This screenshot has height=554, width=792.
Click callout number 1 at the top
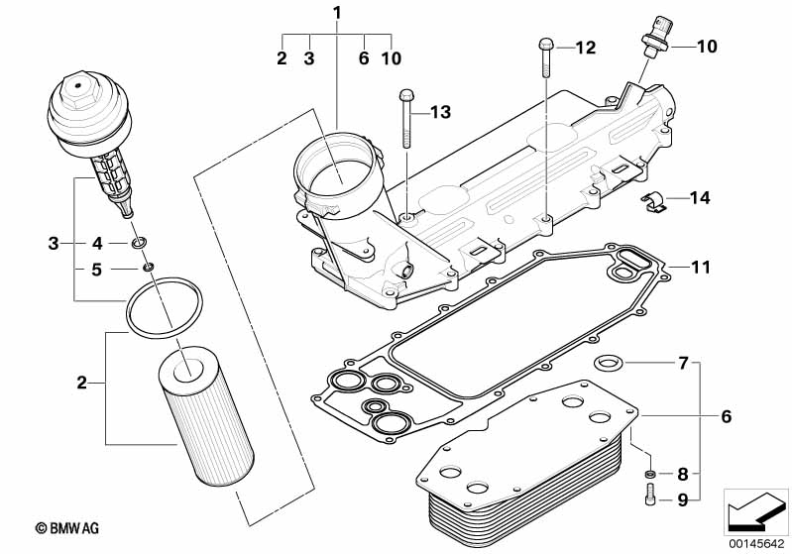pyautogui.click(x=337, y=13)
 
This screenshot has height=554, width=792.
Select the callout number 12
pyautogui.click(x=586, y=47)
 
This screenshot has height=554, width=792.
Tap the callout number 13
pyautogui.click(x=439, y=112)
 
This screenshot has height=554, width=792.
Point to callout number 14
pyautogui.click(x=700, y=198)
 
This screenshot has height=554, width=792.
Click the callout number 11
pyautogui.click(x=702, y=268)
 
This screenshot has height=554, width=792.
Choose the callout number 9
pyautogui.click(x=682, y=501)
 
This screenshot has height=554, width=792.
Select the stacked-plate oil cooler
pyautogui.click(x=519, y=466)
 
